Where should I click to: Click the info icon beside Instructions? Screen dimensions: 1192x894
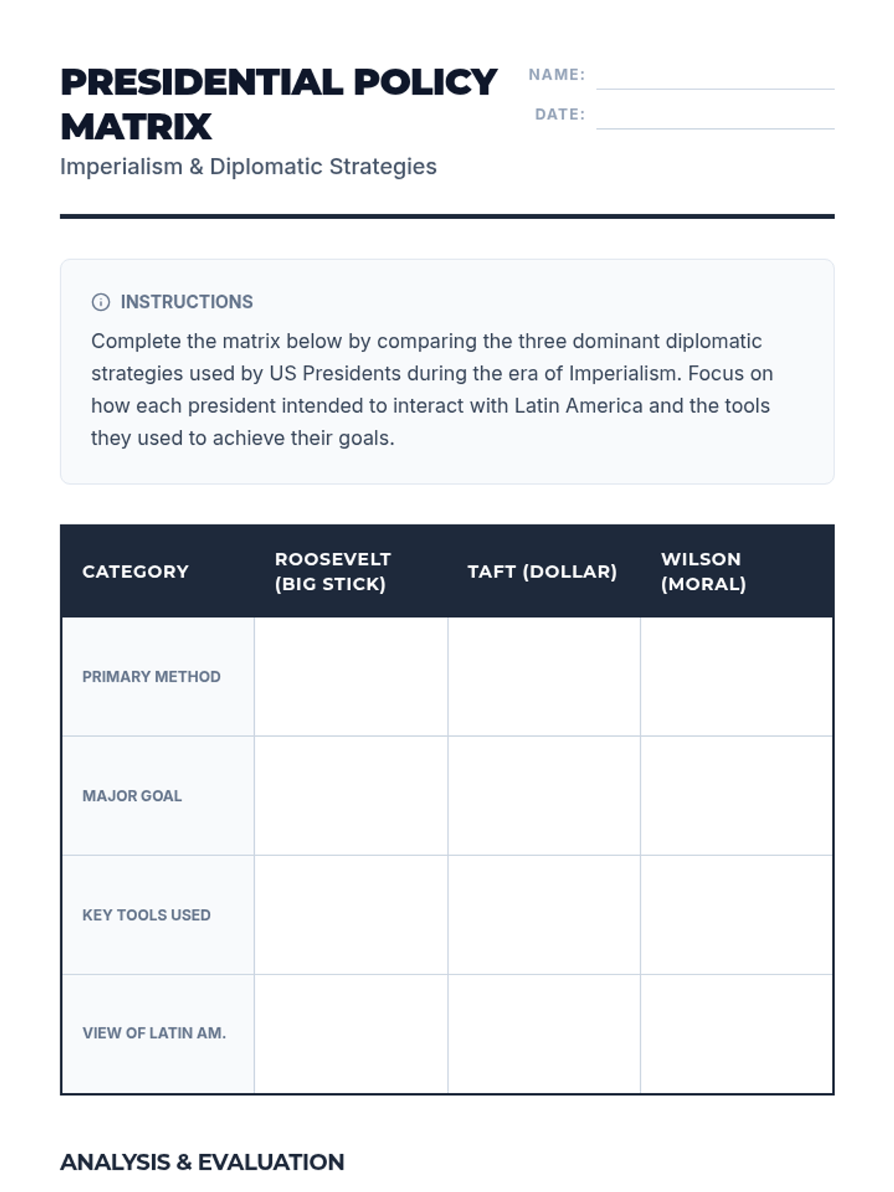pos(101,302)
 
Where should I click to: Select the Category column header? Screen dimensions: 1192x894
pos(136,571)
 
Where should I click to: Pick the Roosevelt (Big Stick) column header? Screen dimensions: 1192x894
pos(332,571)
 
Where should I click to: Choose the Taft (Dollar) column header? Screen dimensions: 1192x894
pos(542,571)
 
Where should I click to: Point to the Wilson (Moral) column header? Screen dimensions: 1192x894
pos(703,571)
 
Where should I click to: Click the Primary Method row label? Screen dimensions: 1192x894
pos(151,676)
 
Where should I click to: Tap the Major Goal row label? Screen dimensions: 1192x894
pos(132,796)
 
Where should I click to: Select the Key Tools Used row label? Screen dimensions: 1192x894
pos(146,915)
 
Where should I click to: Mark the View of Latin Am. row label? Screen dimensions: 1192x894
pos(153,1033)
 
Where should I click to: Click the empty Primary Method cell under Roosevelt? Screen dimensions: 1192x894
pos(351,676)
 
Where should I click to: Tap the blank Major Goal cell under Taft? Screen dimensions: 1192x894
pos(544,796)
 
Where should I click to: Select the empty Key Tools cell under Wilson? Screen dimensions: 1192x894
pos(736,915)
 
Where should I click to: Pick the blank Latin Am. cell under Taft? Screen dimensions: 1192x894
pos(544,1033)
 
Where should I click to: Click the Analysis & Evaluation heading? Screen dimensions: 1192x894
pos(202,1162)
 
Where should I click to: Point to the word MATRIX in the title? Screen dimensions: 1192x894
pos(136,127)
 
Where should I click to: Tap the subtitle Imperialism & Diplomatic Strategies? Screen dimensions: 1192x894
pos(248,166)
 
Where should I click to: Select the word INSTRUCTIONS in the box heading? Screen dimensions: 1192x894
pos(186,302)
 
